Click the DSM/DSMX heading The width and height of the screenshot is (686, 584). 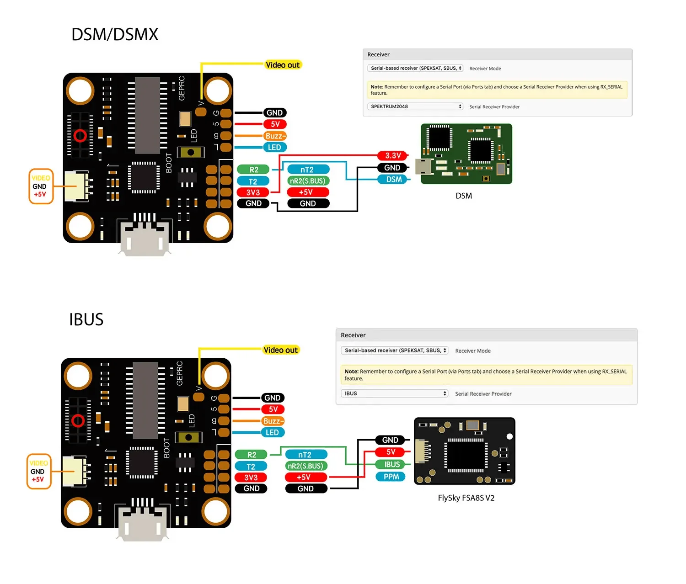point(115,35)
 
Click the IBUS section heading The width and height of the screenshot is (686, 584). point(86,319)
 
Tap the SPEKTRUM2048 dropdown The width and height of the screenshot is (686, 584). point(415,106)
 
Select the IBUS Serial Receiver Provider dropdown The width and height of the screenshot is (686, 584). point(394,393)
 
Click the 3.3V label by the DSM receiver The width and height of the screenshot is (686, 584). point(392,156)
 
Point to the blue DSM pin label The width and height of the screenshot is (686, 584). point(394,180)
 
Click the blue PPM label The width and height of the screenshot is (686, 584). point(391,477)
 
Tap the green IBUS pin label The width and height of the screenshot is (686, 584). point(391,464)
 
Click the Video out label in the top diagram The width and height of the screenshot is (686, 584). point(283,65)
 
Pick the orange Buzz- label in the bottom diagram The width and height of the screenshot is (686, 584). point(273,421)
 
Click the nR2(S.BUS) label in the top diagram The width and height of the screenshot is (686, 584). point(308,181)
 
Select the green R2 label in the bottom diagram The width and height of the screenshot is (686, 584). point(252,455)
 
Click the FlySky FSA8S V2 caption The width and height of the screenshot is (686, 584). point(466,498)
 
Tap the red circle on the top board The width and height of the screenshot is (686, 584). point(80,136)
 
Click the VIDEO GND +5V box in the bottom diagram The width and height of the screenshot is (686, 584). point(38,471)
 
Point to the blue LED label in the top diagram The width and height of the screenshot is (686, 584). point(274,147)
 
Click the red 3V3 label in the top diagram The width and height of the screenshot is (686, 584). point(253,192)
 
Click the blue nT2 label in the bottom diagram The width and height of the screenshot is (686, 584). point(305,455)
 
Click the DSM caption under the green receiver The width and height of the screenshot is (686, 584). point(463,196)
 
